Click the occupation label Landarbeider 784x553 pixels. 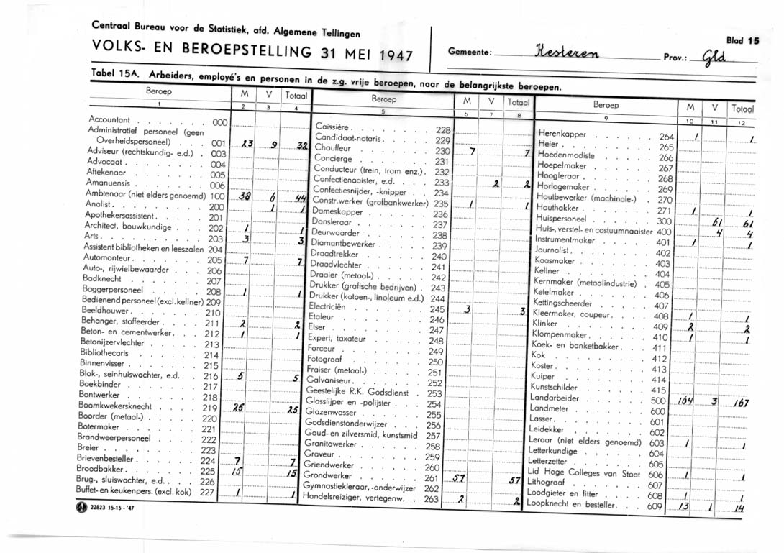pyautogui.click(x=555, y=398)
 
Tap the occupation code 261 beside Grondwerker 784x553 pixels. pyautogui.click(x=432, y=477)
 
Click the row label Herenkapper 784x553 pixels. pyautogui.click(x=562, y=134)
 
